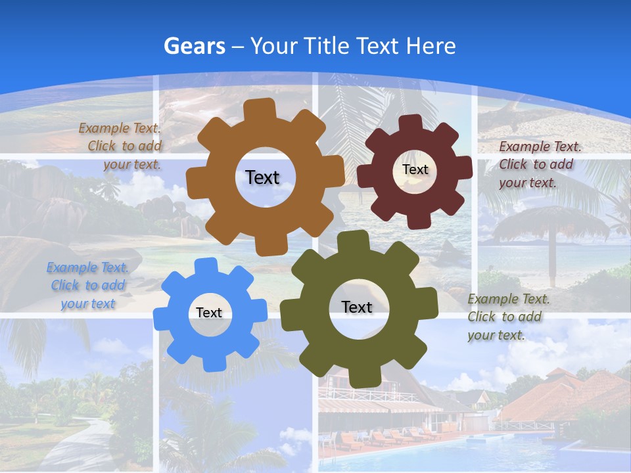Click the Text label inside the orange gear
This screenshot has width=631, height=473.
point(262,177)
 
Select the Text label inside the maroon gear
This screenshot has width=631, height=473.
point(415,169)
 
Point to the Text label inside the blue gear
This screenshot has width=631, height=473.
point(209,313)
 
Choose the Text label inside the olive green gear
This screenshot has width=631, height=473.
point(357,307)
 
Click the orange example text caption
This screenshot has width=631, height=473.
point(121,146)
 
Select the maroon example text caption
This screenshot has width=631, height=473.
point(539,164)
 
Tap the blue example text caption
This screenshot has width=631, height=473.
point(88,285)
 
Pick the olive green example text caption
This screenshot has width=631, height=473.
point(507,317)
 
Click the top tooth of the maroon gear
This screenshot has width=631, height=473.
point(411,122)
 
